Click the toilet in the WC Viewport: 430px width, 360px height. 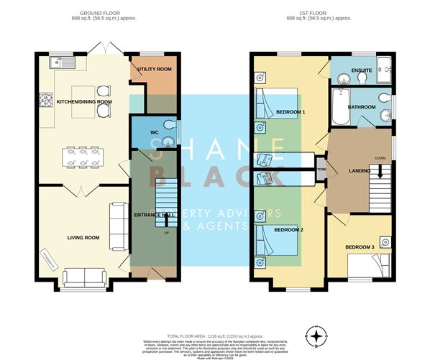pyautogui.click(x=170, y=127)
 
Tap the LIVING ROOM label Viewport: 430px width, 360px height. pyautogui.click(x=83, y=237)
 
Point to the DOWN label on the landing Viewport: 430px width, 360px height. pyautogui.click(x=378, y=159)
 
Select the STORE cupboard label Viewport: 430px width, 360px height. pyautogui.click(x=321, y=170)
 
